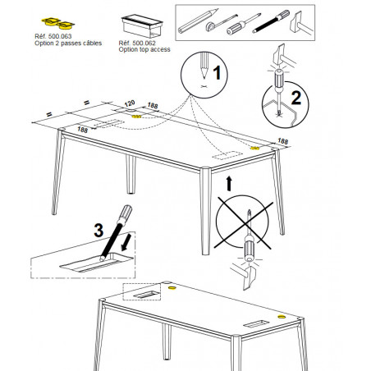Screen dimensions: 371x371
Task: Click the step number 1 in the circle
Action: click(x=217, y=72)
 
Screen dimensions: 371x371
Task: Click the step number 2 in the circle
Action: click(x=296, y=98)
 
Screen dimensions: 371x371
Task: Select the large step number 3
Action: click(x=98, y=230)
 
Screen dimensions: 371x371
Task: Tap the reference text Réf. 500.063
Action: click(x=53, y=36)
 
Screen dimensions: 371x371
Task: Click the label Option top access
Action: click(x=144, y=49)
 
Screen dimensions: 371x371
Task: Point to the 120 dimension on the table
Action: click(x=130, y=103)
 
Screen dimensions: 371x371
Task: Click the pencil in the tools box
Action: click(x=198, y=21)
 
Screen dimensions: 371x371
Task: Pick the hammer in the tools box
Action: click(x=300, y=24)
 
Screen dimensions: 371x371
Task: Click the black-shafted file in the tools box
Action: click(x=271, y=21)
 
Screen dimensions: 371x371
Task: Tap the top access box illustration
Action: click(x=142, y=26)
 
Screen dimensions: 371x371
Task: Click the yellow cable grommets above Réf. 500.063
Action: click(x=58, y=23)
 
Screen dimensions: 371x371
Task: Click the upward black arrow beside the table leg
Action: click(x=229, y=183)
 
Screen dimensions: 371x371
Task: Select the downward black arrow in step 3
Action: click(x=126, y=242)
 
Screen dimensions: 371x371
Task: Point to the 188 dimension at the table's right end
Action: click(x=282, y=141)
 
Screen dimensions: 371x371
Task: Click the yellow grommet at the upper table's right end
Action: click(x=255, y=148)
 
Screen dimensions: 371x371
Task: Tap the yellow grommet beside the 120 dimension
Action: click(x=136, y=117)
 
